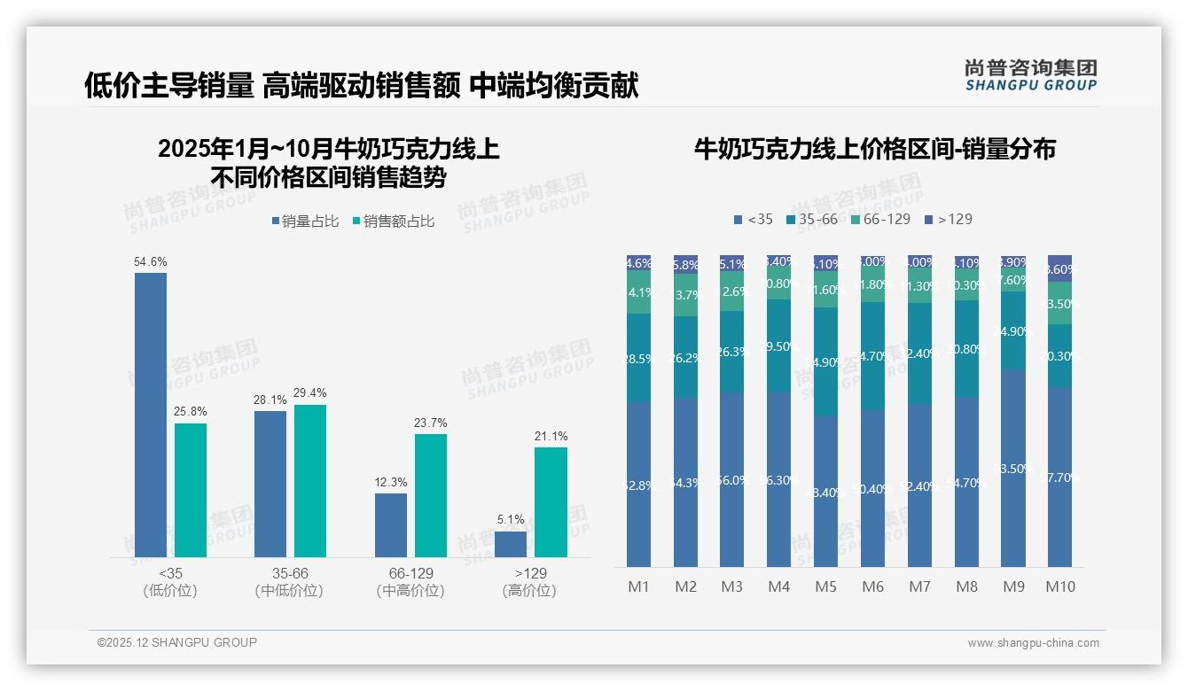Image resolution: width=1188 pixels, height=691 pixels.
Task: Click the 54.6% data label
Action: point(151,262)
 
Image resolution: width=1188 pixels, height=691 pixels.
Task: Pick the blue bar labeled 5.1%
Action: point(511,544)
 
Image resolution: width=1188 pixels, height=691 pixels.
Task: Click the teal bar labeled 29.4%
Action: point(310,480)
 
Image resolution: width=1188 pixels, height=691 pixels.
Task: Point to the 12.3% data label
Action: point(391,483)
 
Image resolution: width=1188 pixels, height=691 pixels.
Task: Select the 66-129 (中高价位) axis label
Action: point(410,582)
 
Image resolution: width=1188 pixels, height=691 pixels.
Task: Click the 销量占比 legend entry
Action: point(303,221)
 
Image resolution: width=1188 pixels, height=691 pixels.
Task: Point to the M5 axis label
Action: point(825,586)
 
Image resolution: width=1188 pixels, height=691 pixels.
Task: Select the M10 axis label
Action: point(1059,586)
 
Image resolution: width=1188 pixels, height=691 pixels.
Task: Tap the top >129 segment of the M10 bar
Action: point(1059,268)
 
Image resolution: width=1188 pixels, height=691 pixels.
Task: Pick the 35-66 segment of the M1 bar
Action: point(638,358)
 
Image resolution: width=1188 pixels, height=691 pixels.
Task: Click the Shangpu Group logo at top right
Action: point(1030,75)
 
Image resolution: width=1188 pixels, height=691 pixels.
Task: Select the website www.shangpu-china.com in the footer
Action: point(1033,643)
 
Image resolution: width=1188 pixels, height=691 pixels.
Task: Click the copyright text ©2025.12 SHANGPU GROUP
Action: point(177,642)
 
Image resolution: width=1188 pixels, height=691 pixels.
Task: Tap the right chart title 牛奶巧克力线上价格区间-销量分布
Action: point(874,149)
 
